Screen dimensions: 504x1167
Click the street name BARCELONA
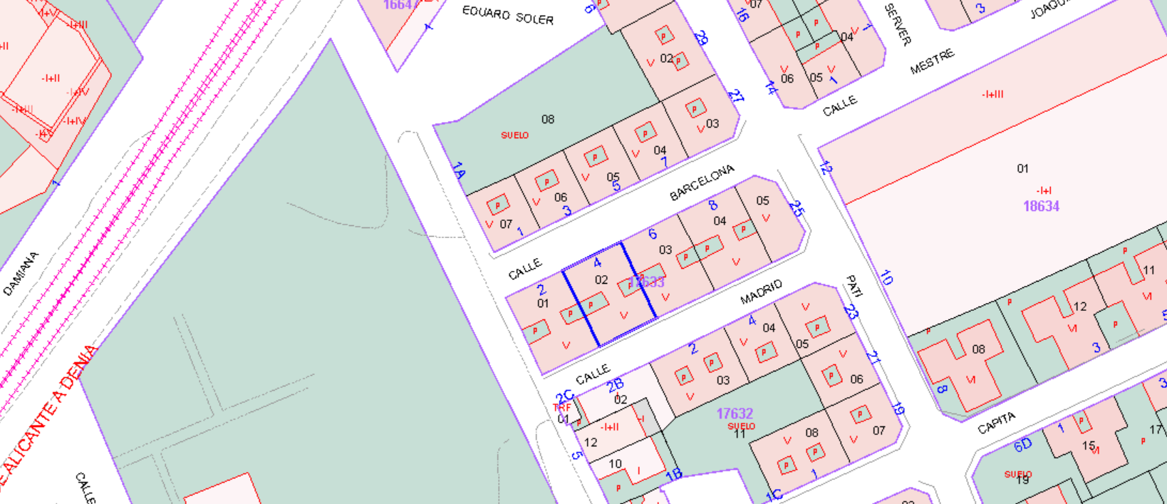702,182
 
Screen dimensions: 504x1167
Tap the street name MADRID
761,292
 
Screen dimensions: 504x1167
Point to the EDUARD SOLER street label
507,15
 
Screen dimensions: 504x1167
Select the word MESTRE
932,61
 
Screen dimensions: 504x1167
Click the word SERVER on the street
897,24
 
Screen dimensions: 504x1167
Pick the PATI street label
854,286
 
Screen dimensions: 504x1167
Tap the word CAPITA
996,423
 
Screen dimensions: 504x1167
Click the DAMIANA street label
21,274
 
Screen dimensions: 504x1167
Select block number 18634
1041,207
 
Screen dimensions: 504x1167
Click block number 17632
735,413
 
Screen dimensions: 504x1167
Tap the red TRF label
562,408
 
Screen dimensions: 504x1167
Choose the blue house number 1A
459,171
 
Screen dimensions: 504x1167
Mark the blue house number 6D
1022,446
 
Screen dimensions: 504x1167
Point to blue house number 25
797,209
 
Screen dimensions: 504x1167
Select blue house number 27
735,96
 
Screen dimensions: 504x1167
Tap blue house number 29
701,38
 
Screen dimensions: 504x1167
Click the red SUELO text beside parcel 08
514,135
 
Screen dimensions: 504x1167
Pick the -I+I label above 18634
1044,190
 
